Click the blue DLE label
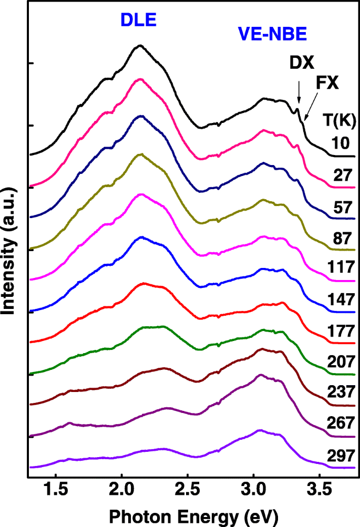(x=139, y=20)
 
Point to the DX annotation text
(x=302, y=64)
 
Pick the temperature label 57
(x=345, y=204)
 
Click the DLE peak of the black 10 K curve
(x=139, y=46)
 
